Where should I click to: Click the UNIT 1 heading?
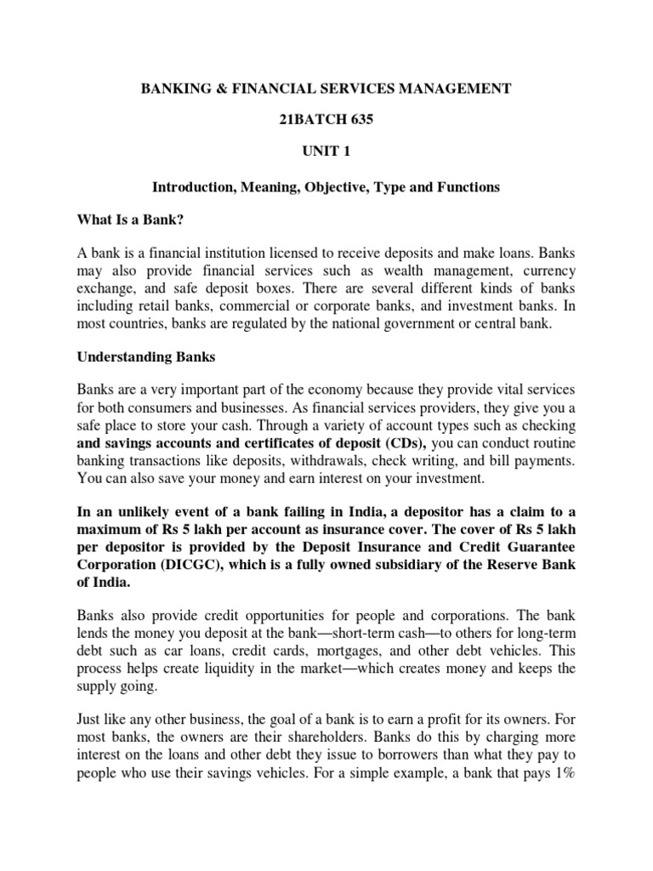[326, 153]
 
